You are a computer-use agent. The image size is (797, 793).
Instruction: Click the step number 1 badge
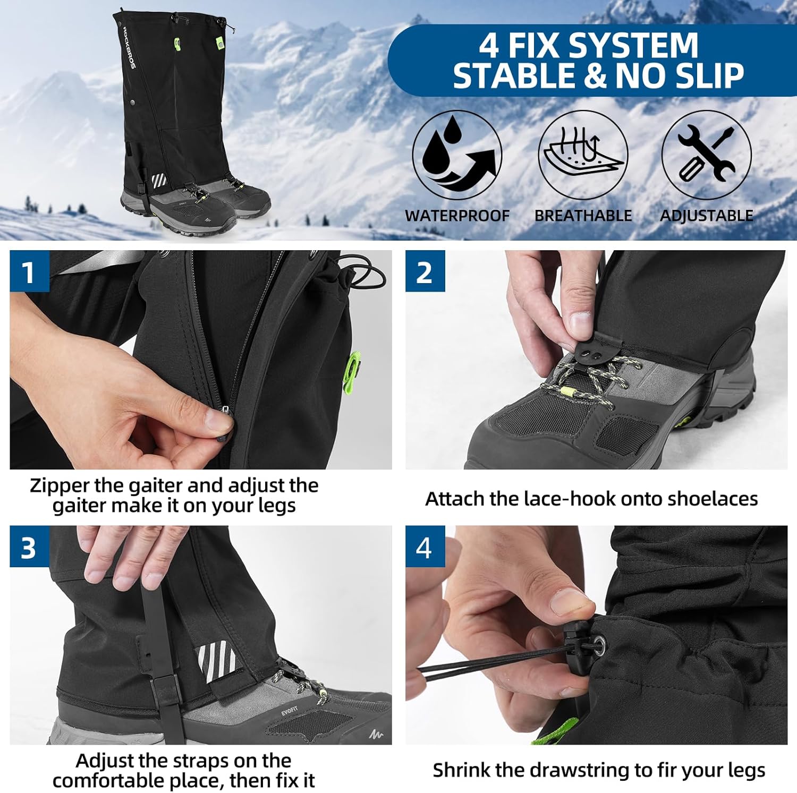(29, 271)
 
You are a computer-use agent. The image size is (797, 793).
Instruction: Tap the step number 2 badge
(425, 271)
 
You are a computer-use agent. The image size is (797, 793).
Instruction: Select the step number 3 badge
(29, 547)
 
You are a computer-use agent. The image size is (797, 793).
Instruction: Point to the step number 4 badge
(425, 547)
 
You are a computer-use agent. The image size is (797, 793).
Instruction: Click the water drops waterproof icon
(457, 155)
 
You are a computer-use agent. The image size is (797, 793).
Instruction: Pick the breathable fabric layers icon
(583, 155)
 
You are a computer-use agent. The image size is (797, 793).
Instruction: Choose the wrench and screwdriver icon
(707, 155)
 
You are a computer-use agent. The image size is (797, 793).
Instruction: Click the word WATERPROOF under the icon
(457, 216)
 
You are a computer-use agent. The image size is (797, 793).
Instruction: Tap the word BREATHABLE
(583, 216)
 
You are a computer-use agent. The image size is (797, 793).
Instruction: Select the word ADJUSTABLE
(707, 216)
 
